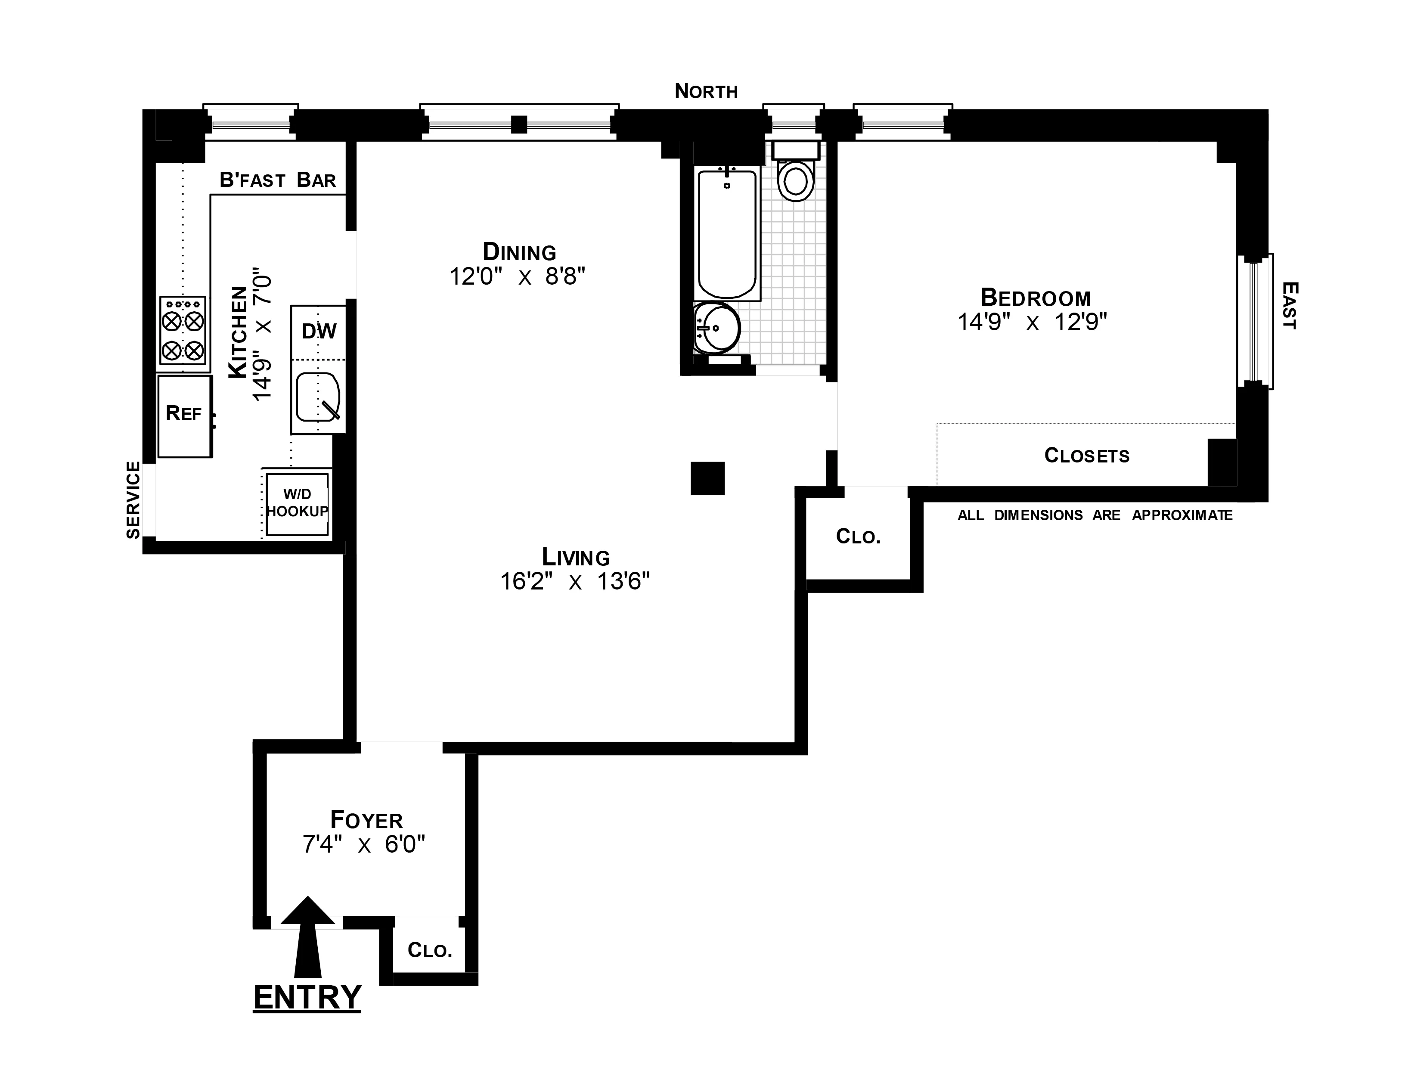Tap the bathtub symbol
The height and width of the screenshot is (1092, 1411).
(727, 233)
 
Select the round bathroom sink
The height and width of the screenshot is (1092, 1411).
(717, 328)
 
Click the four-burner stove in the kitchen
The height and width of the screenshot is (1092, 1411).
(183, 330)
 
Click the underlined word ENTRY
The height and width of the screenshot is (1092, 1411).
(307, 997)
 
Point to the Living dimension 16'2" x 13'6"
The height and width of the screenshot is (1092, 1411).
(574, 582)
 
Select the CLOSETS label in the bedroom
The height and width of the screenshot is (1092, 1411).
(1087, 456)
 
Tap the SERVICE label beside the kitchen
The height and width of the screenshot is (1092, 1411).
(133, 499)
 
